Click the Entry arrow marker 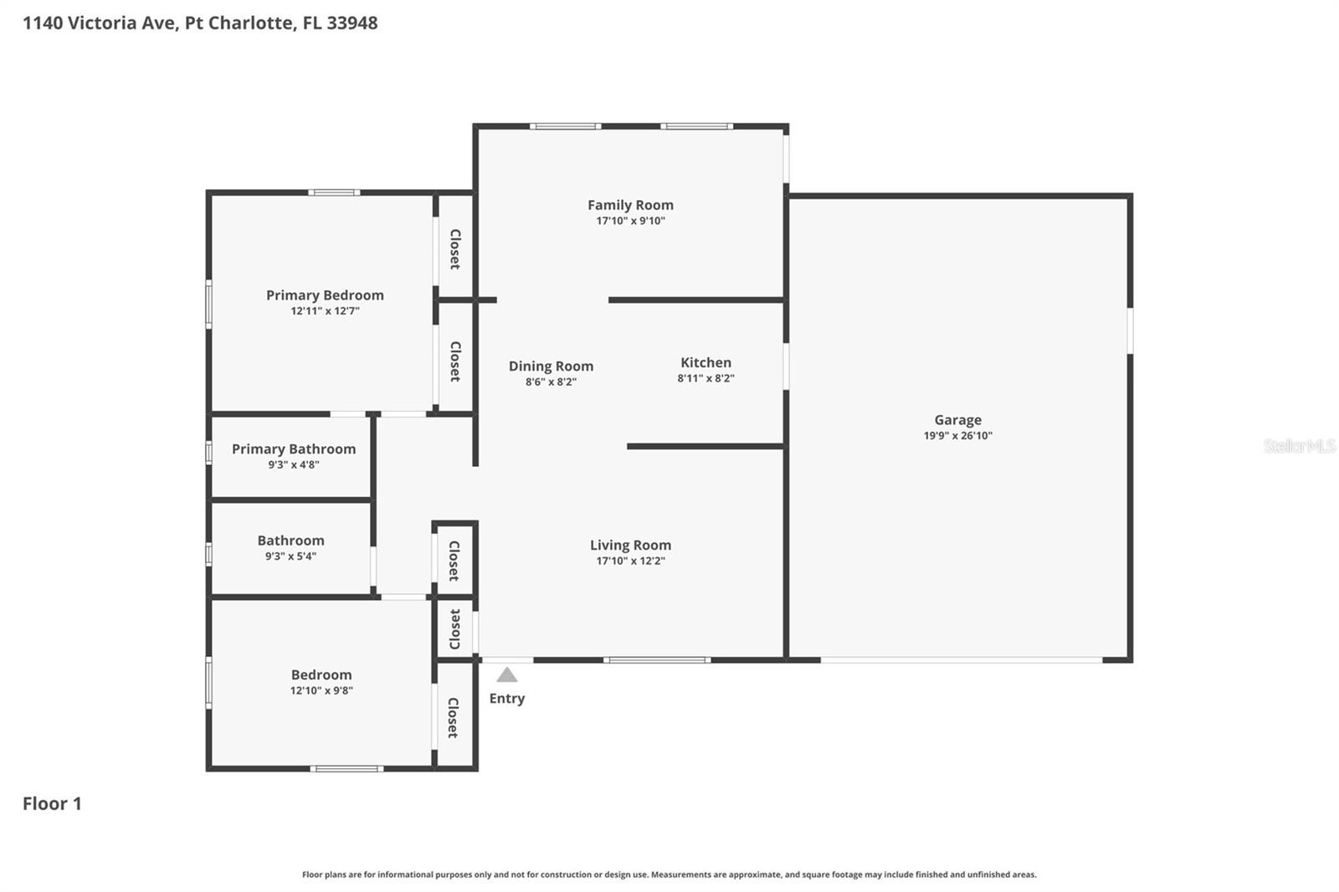(x=506, y=674)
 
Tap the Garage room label (x=957, y=420)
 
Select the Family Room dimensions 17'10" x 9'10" (x=630, y=221)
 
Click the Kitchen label (x=705, y=362)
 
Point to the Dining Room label (x=551, y=366)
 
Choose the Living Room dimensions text (x=630, y=561)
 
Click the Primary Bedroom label (x=325, y=295)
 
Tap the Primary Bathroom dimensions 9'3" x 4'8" (x=293, y=464)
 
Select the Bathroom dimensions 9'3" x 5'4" (x=290, y=556)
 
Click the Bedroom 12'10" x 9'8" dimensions (x=321, y=690)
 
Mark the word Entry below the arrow (x=506, y=698)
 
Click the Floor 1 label (x=52, y=803)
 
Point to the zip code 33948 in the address (x=351, y=23)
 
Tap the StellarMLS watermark (x=1299, y=446)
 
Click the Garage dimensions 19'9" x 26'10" (x=957, y=435)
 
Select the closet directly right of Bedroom (x=453, y=717)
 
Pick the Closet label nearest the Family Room (x=454, y=249)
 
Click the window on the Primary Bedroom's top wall (x=334, y=192)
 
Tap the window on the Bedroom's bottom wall (x=346, y=768)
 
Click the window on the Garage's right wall (x=1130, y=331)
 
